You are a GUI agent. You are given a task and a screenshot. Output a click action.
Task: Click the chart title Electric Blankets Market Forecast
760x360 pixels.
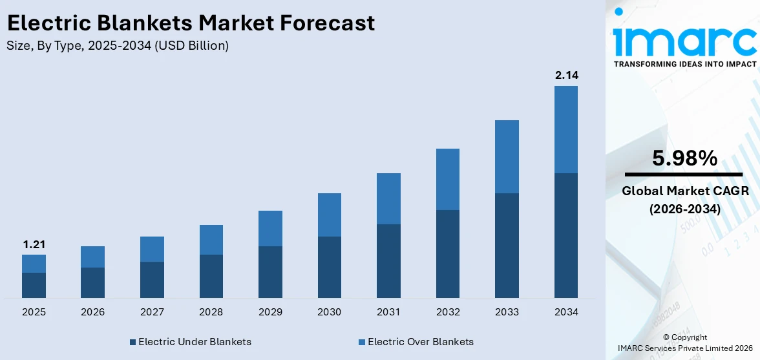191,23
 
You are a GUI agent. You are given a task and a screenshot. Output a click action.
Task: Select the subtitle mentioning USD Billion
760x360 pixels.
118,46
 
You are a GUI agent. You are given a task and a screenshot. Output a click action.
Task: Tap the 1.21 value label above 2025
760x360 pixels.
34,244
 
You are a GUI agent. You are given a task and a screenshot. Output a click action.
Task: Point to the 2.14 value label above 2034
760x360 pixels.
566,76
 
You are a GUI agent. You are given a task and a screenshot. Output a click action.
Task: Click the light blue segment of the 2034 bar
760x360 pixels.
566,129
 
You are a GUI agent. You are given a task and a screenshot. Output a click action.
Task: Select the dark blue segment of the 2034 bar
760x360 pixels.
566,235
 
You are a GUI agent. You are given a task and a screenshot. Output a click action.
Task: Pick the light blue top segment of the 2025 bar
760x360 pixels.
34,264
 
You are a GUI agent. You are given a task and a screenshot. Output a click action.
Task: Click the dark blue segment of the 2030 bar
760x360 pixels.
330,267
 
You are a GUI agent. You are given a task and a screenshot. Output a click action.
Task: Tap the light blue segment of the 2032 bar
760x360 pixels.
448,179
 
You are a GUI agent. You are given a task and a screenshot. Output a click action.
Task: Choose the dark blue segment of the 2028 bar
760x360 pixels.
211,276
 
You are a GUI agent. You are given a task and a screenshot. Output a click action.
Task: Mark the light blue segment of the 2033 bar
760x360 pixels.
507,156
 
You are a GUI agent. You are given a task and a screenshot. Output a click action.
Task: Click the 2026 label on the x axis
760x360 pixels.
93,312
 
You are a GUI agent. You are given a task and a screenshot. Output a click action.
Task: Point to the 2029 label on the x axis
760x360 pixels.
270,312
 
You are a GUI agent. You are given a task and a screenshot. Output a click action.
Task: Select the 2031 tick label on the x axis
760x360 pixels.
388,312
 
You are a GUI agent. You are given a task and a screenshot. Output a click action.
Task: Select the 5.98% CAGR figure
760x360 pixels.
684,158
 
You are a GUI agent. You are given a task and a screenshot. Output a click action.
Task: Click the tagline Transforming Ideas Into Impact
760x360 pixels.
684,65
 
